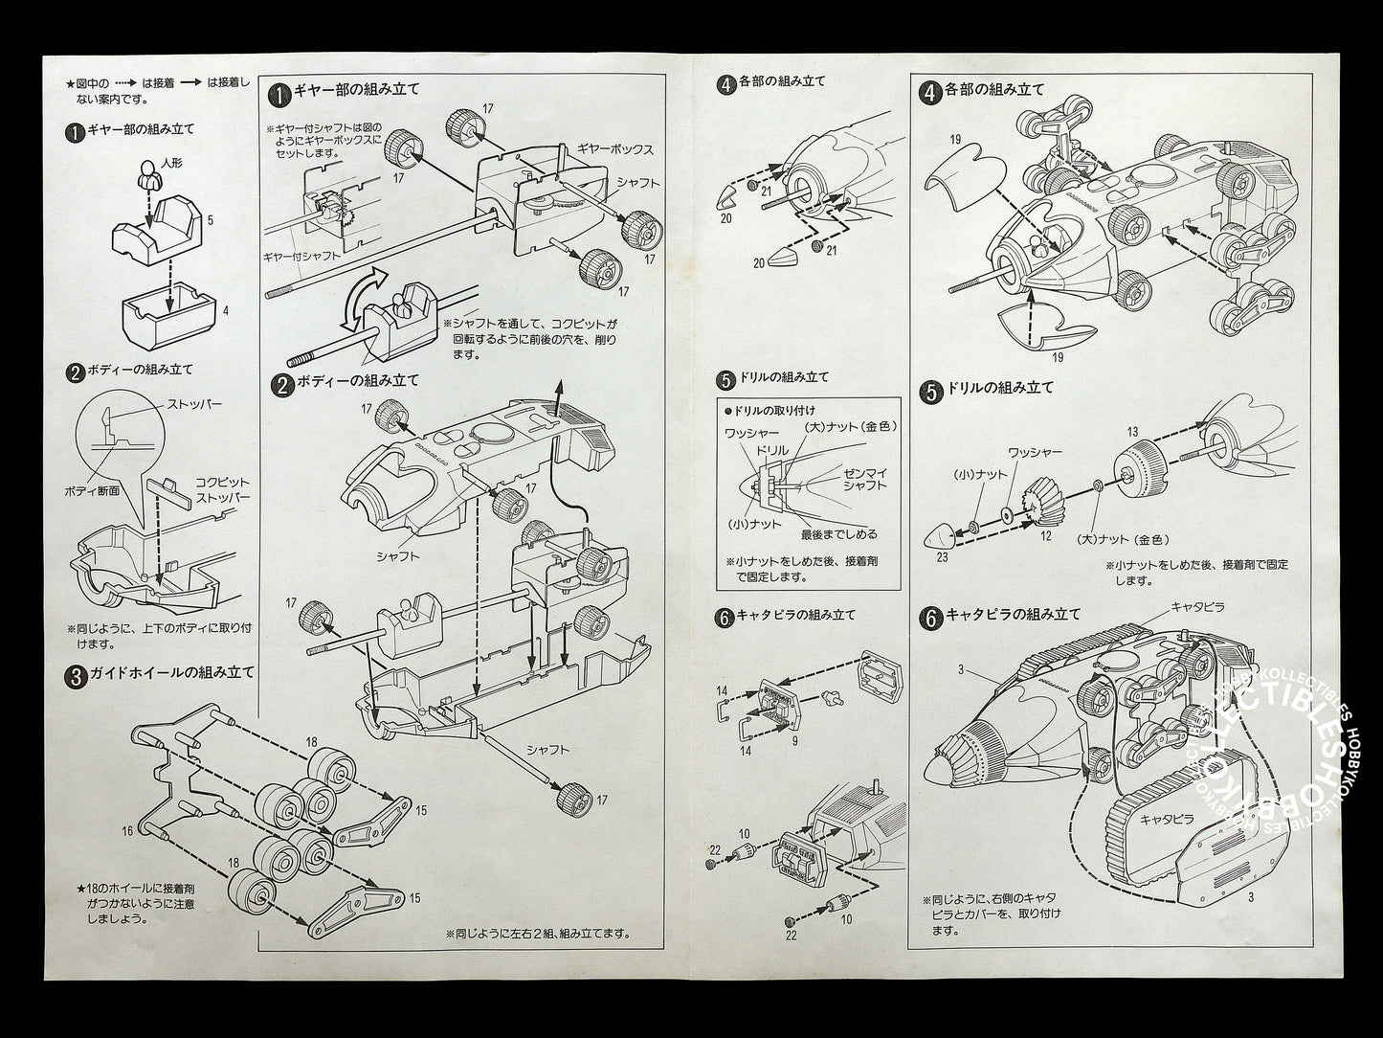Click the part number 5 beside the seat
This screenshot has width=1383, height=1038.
pyautogui.click(x=209, y=219)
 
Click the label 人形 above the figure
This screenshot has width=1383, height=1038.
pyautogui.click(x=171, y=164)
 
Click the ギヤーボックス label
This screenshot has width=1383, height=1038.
pyautogui.click(x=615, y=150)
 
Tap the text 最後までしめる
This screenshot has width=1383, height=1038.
pyautogui.click(x=839, y=533)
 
